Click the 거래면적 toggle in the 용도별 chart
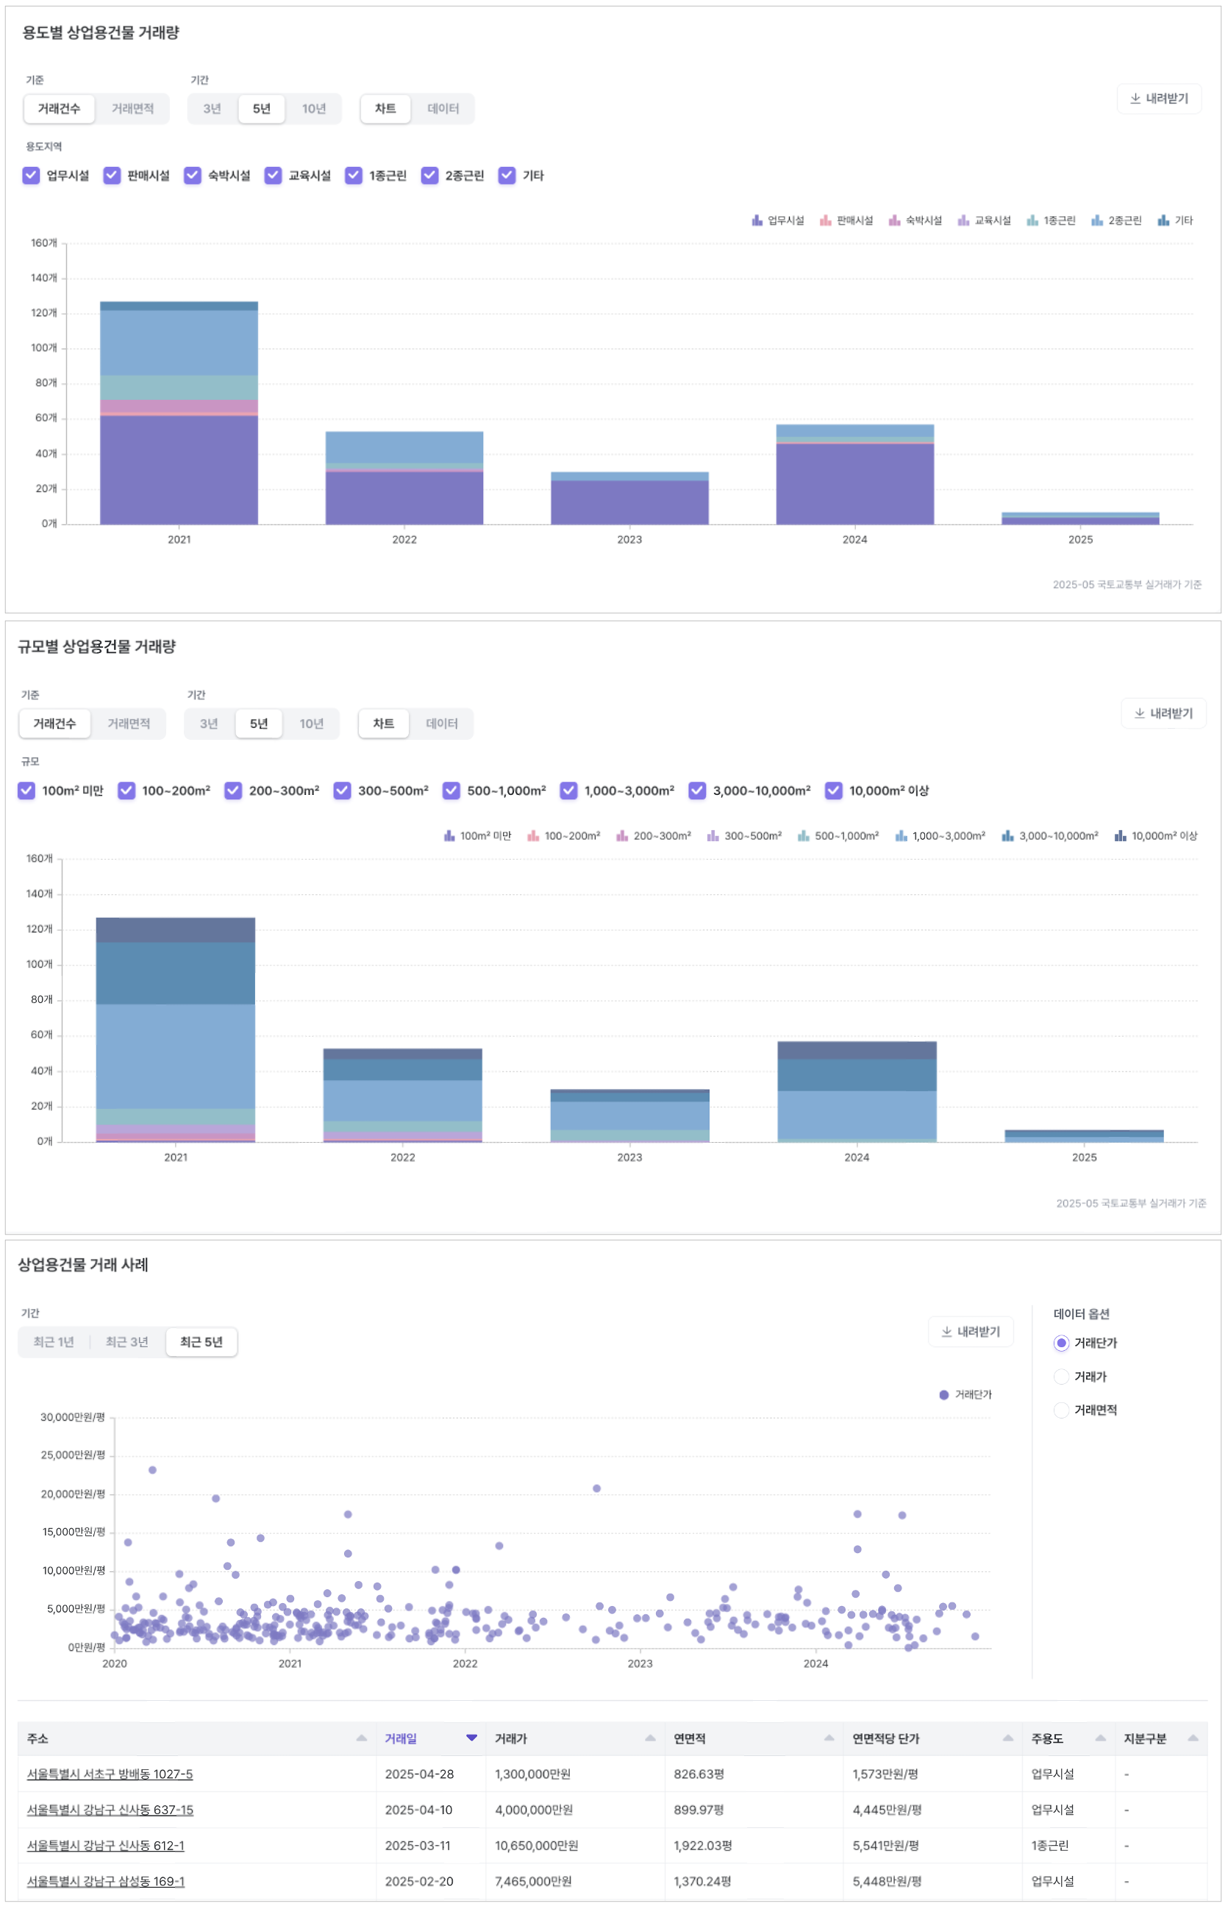[132, 108]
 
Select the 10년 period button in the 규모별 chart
[311, 724]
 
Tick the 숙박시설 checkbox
[193, 176]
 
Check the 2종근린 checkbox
[429, 176]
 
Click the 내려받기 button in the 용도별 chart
[1159, 99]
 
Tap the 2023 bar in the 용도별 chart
[629, 499]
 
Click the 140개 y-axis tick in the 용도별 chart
[44, 278]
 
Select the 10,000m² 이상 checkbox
[833, 791]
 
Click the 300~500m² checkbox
[342, 791]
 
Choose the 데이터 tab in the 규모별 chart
[442, 724]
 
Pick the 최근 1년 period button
[54, 1343]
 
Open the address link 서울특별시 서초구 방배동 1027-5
[110, 1775]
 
